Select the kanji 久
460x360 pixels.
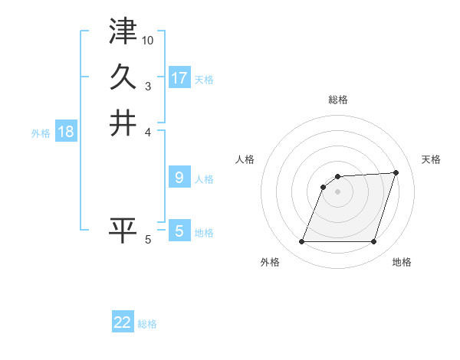tap(123, 77)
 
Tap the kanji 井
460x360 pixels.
tap(123, 123)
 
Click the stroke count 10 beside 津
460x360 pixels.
tap(148, 40)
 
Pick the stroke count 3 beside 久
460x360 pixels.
tap(148, 86)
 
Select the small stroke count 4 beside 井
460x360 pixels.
tap(148, 132)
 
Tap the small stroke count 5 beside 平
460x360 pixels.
tap(148, 240)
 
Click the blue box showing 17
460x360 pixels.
tap(179, 77)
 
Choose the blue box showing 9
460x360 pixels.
tap(179, 178)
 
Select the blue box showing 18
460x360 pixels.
tap(66, 132)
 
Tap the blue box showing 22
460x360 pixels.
tap(123, 322)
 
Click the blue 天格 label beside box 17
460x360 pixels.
tap(204, 79)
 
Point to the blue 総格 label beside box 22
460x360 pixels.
tap(147, 324)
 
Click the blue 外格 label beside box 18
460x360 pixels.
tap(41, 133)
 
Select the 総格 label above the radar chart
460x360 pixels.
tap(338, 100)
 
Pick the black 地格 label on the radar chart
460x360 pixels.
tap(402, 263)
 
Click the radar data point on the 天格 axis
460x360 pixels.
tap(396, 172)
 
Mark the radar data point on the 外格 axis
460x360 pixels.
tap(301, 242)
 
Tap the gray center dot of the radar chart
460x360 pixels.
tap(337, 191)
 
